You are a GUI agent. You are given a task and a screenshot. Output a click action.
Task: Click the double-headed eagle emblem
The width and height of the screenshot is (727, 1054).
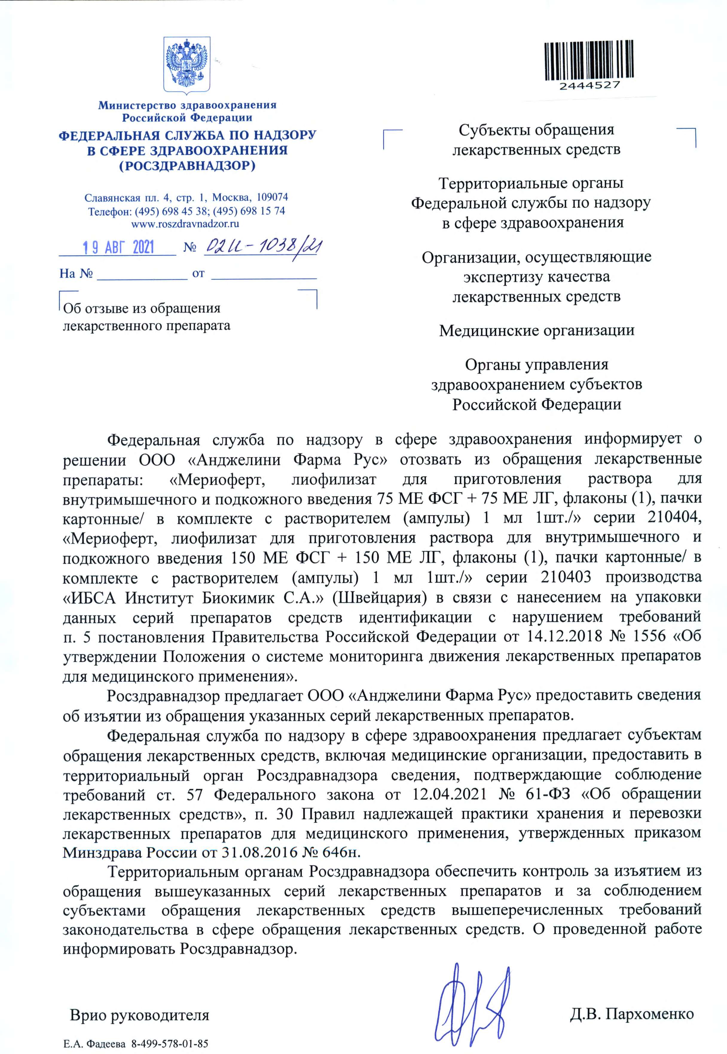(x=187, y=64)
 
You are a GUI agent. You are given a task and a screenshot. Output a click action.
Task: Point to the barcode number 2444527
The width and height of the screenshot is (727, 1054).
(x=589, y=85)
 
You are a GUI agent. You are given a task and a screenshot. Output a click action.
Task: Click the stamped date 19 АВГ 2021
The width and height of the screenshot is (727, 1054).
(x=118, y=247)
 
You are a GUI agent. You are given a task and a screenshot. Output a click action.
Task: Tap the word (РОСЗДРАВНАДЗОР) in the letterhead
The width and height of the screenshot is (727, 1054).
(x=187, y=166)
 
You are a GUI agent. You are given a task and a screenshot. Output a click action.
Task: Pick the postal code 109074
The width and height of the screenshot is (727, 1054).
(x=272, y=197)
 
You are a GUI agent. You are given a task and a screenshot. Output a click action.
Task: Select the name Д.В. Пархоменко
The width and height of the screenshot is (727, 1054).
(x=632, y=1014)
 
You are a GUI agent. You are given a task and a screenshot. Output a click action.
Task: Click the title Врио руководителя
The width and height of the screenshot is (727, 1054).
(x=139, y=1015)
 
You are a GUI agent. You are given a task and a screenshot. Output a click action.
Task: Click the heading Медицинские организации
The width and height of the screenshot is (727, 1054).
(x=537, y=330)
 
